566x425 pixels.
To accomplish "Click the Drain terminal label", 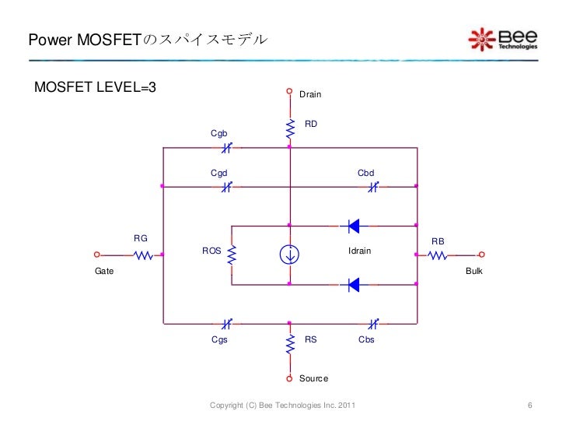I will (310, 94).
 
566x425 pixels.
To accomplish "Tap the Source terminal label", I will (313, 379).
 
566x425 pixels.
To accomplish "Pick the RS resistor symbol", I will (289, 342).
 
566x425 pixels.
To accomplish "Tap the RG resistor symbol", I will (142, 255).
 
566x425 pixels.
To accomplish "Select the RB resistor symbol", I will (437, 255).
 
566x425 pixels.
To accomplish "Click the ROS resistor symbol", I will (232, 255).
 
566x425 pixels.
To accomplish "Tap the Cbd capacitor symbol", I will (372, 186).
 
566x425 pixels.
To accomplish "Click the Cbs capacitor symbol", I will (372, 322).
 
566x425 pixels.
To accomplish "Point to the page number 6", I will (529, 406).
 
